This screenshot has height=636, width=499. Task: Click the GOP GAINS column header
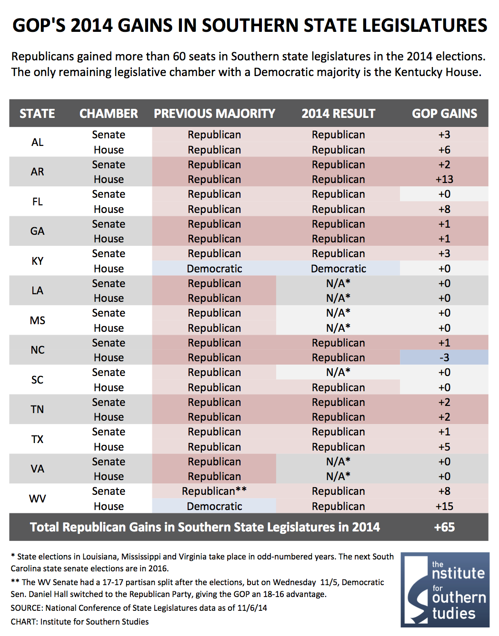444,114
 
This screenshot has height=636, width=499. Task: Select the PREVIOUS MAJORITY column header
214,114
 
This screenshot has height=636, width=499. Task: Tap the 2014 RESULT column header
339,114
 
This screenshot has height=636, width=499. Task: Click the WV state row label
37,499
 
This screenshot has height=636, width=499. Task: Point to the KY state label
37,261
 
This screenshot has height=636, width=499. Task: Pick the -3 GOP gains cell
444,357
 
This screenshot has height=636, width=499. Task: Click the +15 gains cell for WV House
444,506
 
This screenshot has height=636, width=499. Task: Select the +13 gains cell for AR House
444,179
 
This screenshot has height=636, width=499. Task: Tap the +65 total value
444,527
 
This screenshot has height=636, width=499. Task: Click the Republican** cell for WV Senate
214,491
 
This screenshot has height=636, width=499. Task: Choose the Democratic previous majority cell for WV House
214,506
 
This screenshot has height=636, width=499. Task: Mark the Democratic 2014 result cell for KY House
339,269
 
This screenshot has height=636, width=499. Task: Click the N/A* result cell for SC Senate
339,372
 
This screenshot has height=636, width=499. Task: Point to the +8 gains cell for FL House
444,209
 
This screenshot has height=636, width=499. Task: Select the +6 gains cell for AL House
444,150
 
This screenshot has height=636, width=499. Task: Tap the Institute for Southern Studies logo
445,589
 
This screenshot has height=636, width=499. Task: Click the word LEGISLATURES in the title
425,25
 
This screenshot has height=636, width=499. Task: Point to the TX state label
37,439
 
